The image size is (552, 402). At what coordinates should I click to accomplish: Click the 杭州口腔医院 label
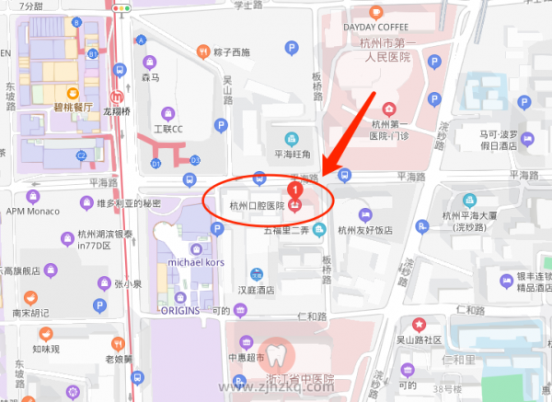[x=257, y=206]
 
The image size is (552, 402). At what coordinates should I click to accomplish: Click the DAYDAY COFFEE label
[x=375, y=27]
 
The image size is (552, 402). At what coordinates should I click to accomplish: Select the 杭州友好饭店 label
[x=365, y=230]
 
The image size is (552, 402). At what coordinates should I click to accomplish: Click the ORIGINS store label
[x=186, y=310]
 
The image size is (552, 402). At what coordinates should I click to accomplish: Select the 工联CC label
[x=168, y=129]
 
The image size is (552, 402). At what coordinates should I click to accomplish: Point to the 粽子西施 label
[x=230, y=52]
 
